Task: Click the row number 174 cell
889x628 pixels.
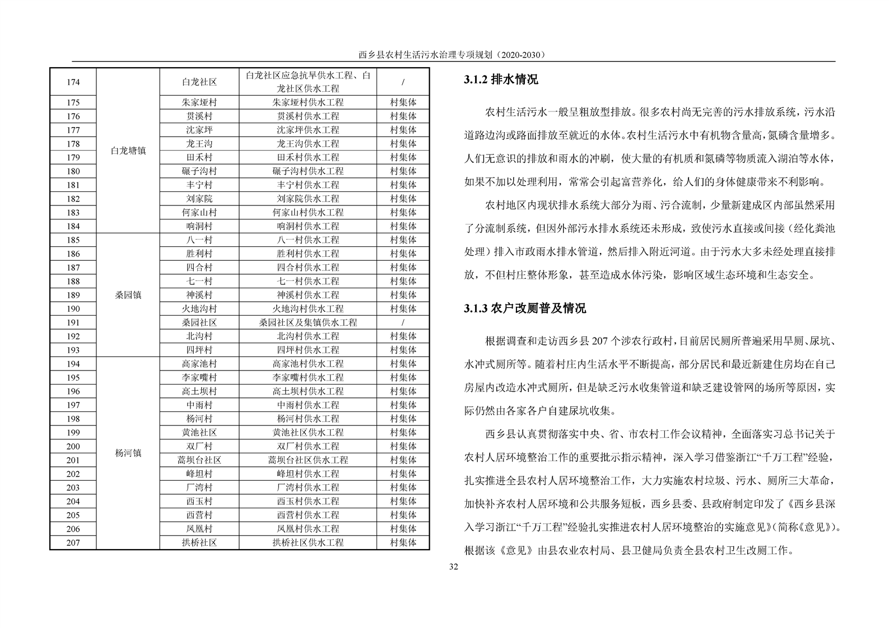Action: click(x=73, y=82)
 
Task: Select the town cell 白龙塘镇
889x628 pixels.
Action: click(x=128, y=151)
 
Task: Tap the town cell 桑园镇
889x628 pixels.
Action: click(x=128, y=295)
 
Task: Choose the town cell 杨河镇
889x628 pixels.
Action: click(x=128, y=453)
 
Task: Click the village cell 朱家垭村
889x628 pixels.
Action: click(x=199, y=102)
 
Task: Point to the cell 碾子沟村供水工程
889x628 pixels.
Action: click(x=308, y=171)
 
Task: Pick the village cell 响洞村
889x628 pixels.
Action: click(x=199, y=226)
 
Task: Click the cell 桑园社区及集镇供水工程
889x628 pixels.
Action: click(x=308, y=322)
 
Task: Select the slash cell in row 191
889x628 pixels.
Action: click(x=403, y=322)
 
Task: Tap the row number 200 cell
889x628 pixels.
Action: click(x=73, y=446)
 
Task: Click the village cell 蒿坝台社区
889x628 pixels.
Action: click(x=199, y=460)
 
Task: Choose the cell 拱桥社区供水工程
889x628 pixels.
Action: click(x=308, y=542)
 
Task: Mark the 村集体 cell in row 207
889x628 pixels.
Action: click(x=403, y=542)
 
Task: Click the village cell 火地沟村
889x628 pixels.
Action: click(x=199, y=308)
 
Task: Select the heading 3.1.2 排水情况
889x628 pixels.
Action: click(x=501, y=80)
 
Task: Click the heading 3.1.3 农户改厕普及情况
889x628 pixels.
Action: click(x=524, y=308)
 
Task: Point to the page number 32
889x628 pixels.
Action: click(x=454, y=567)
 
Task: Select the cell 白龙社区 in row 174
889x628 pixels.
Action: click(x=199, y=82)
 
